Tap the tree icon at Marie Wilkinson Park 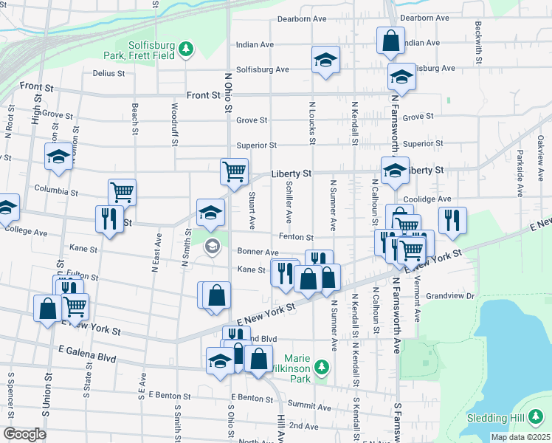(x=321, y=367)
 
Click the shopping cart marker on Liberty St (x=234, y=171)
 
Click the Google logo (x=25, y=434)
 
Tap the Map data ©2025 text (x=520, y=437)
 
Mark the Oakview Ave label (x=540, y=151)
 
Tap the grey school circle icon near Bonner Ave (x=213, y=246)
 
